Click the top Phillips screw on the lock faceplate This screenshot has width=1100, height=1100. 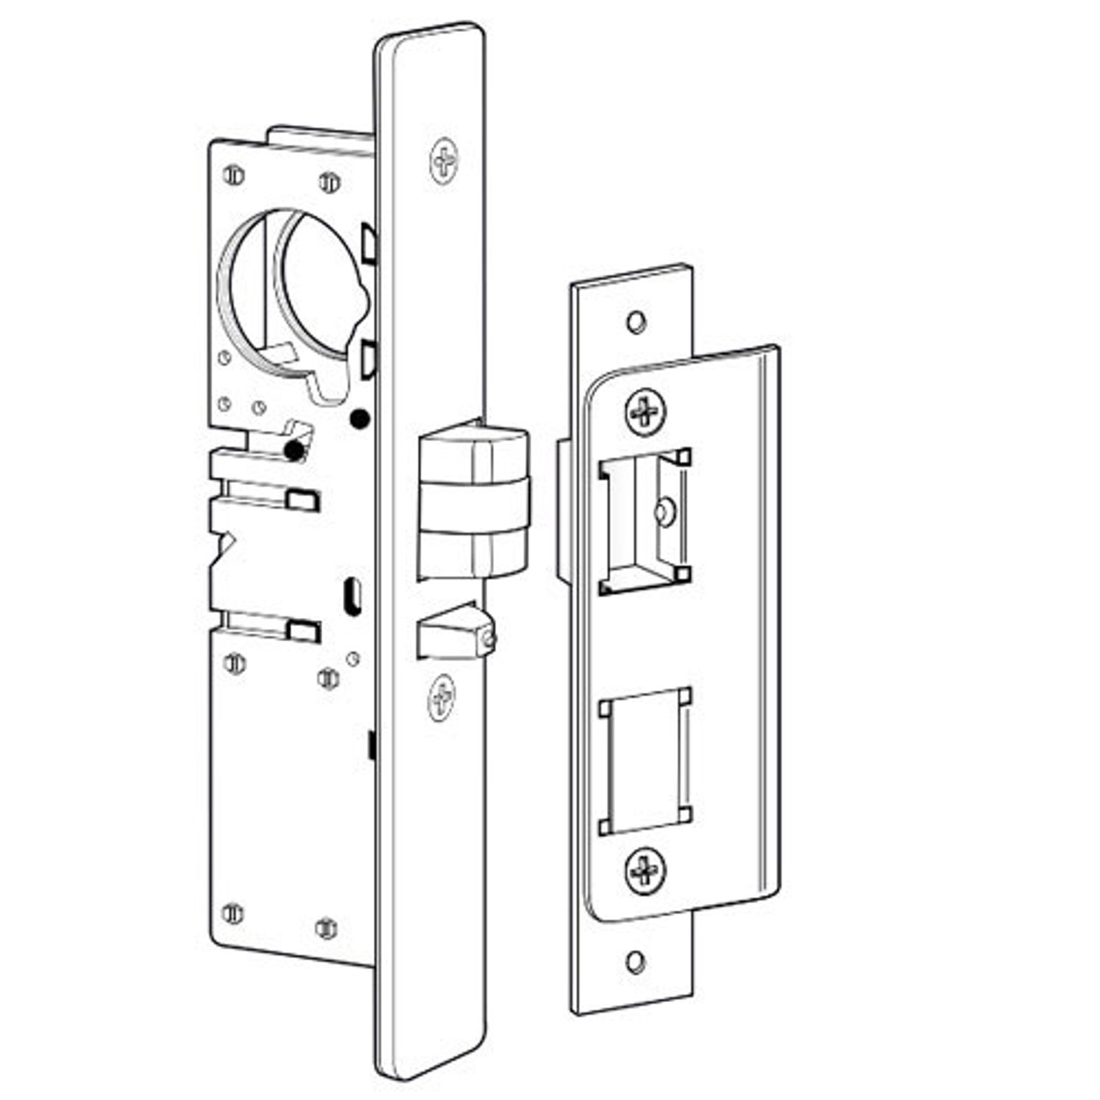click(x=444, y=161)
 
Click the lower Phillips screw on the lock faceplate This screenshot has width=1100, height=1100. click(x=442, y=697)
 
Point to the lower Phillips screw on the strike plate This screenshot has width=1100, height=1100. click(x=645, y=871)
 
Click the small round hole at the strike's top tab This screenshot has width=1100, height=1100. click(x=635, y=322)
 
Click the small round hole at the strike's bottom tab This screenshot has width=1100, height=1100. click(x=635, y=962)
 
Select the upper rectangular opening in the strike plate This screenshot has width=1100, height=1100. click(x=645, y=521)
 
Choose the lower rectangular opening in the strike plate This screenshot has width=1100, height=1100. click(x=645, y=761)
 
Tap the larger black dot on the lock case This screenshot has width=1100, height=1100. click(x=360, y=419)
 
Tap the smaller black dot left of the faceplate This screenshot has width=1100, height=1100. click(x=295, y=449)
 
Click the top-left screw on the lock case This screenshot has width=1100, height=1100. click(x=232, y=175)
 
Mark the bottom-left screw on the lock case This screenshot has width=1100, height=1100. click(x=231, y=913)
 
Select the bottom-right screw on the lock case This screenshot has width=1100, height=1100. click(x=327, y=927)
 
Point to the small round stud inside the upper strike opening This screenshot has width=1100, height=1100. click(x=664, y=512)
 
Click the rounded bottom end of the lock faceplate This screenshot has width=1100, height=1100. click(x=430, y=1053)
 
